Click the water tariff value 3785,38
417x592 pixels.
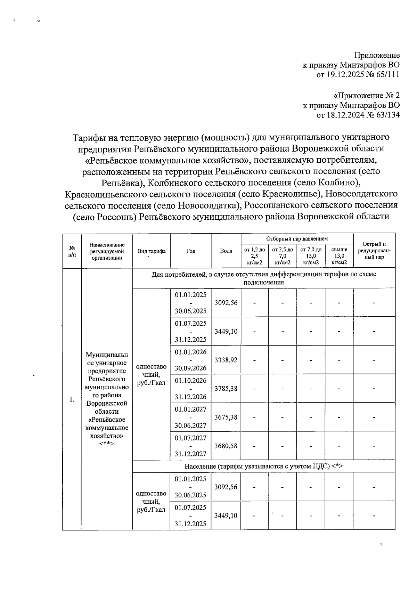[226, 388]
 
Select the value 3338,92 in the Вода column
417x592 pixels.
[226, 360]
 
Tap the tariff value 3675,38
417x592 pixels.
[226, 417]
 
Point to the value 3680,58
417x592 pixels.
[226, 446]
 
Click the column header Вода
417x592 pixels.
[226, 251]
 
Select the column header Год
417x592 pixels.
[190, 251]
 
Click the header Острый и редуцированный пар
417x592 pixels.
[374, 251]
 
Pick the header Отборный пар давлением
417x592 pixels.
[297, 239]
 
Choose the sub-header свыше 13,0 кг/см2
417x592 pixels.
[339, 256]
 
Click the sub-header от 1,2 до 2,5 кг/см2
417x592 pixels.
[254, 256]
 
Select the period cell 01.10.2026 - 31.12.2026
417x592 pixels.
[190, 388]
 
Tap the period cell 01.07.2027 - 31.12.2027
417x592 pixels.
[190, 446]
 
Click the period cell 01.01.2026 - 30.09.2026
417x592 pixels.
[190, 360]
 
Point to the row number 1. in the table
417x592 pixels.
[72, 399]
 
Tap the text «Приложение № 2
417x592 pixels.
[367, 96]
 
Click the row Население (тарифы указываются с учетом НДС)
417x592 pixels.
[263, 466]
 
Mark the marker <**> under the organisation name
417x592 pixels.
[107, 444]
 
